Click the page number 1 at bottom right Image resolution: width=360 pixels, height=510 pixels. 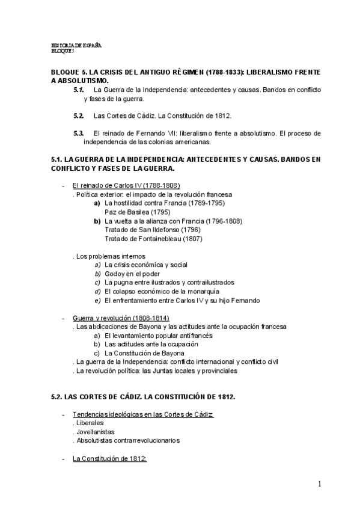pyautogui.click(x=320, y=484)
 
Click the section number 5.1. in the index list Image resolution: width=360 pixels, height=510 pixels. pyautogui.click(x=78, y=90)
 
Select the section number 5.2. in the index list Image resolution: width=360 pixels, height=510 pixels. pyautogui.click(x=78, y=115)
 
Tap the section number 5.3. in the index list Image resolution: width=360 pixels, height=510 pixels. pyautogui.click(x=78, y=133)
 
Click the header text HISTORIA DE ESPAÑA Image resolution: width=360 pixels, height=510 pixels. pyautogui.click(x=77, y=46)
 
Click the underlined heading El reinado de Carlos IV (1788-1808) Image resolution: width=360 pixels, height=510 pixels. pyautogui.click(x=126, y=186)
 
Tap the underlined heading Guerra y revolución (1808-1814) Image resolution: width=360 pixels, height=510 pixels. pyautogui.click(x=120, y=318)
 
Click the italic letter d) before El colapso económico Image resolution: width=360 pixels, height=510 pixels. pyautogui.click(x=97, y=291)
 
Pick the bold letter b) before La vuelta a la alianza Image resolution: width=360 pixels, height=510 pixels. pyautogui.click(x=97, y=221)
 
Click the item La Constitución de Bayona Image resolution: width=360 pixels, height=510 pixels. pyautogui.click(x=144, y=353)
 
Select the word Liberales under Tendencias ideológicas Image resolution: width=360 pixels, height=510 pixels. pyautogui.click(x=90, y=423)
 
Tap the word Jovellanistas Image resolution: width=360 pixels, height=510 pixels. pyautogui.click(x=95, y=431)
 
